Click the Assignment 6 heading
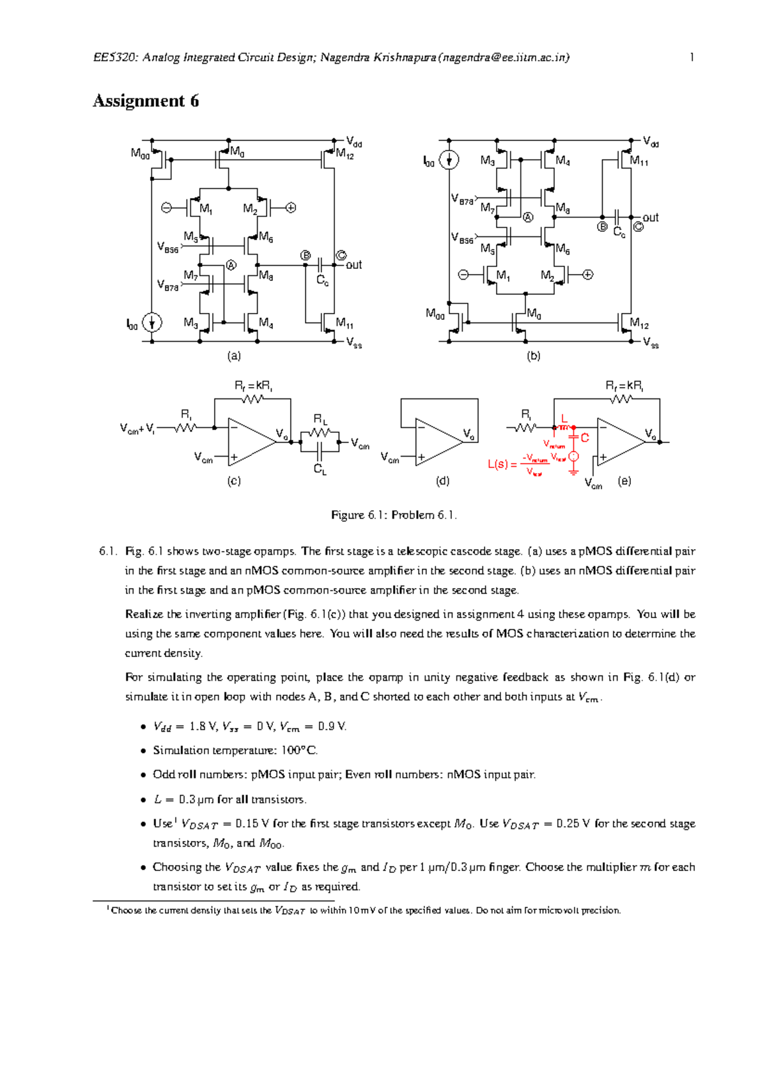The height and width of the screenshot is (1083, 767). pos(146,101)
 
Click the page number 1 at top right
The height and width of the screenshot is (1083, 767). pos(692,57)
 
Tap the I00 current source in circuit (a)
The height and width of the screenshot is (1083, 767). pos(151,322)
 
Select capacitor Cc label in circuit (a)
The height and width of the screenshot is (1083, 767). pos(322,280)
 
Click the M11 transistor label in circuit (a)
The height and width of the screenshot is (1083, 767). pos(345,323)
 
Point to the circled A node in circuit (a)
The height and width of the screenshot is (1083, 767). pos(231,265)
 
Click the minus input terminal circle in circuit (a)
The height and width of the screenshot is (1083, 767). pos(166,208)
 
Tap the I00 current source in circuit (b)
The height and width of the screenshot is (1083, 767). pos(449,160)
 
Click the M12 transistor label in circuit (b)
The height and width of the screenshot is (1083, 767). pos(639,324)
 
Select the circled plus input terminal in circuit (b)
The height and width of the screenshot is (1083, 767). pos(588,275)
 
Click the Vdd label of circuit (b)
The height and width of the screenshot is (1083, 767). pos(651,142)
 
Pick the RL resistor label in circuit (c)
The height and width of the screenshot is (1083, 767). pos(320,420)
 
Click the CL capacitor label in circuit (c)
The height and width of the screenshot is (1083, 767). pos(320,470)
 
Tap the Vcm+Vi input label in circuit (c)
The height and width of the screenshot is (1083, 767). pos(137,428)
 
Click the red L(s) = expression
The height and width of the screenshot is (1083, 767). pos(502,464)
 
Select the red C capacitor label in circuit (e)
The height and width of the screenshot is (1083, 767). pos(584,438)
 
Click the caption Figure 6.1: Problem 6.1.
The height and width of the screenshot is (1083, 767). pos(394,515)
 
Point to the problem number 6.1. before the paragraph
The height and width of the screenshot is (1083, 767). pos(108,551)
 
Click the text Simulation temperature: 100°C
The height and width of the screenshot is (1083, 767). pos(235,750)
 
